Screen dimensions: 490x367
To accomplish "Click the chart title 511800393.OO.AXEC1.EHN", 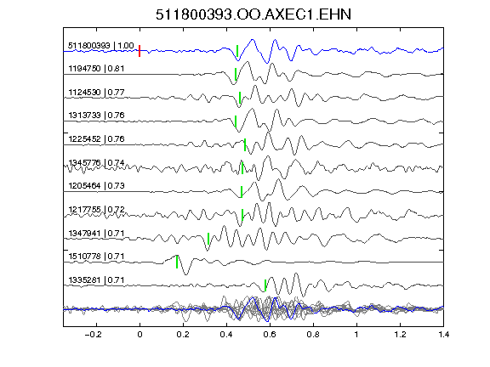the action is pos(254,14).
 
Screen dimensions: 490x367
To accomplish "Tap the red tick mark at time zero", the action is pos(140,51).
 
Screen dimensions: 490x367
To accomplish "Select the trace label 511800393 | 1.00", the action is pos(101,46).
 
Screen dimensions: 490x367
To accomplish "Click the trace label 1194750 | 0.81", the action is pos(96,68).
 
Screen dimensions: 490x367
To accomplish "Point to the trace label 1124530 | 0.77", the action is pos(96,93).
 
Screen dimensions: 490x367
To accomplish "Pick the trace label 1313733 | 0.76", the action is pos(96,116).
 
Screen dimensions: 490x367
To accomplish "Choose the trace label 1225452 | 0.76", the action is pos(96,138).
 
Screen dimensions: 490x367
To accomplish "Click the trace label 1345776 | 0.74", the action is pos(96,162).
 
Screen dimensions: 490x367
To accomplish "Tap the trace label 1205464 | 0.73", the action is pos(96,186).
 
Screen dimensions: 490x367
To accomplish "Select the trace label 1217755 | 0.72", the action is pos(96,209).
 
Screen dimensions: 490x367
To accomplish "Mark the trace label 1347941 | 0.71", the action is pos(96,233).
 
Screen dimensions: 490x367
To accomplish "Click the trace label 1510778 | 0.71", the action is pos(96,257).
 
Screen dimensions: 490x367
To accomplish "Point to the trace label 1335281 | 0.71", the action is pos(96,280).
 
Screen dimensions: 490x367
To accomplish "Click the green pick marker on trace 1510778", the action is pos(177,262).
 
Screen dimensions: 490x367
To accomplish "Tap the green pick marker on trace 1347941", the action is pos(208,239).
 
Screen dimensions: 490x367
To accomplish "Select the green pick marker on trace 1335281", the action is pos(265,285).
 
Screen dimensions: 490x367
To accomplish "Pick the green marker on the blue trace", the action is pos(237,51).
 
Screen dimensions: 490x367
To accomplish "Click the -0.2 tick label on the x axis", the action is pos(93,335).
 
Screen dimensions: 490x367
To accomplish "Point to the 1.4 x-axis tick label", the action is pos(444,335).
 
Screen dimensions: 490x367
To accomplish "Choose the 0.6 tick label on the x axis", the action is pos(270,335).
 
